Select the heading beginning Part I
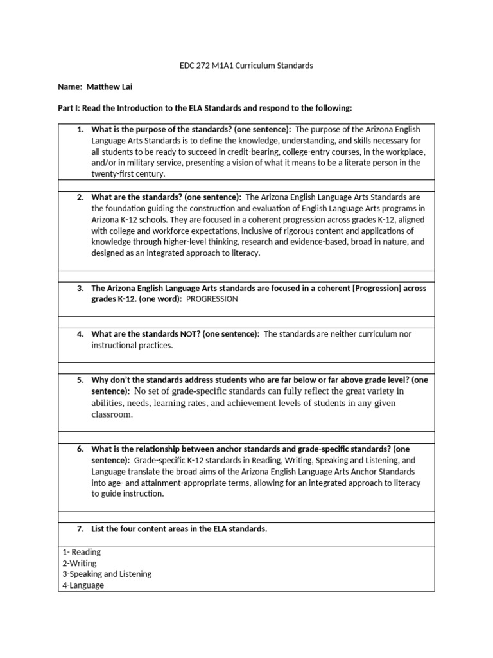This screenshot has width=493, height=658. [205, 108]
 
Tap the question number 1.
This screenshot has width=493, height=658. [80, 129]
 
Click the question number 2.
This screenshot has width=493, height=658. [80, 197]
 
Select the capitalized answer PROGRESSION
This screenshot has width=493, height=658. [212, 299]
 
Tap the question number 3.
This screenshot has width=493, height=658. [80, 289]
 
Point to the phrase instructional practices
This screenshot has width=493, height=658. [132, 346]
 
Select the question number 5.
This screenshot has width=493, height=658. [80, 380]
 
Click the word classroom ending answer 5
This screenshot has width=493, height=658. [112, 415]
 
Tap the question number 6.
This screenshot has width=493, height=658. [80, 449]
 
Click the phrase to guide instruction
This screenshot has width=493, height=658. [128, 494]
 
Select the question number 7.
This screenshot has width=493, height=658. [80, 529]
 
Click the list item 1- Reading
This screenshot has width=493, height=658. [82, 552]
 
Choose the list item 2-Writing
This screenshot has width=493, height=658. [80, 564]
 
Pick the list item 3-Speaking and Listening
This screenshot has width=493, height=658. [107, 574]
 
